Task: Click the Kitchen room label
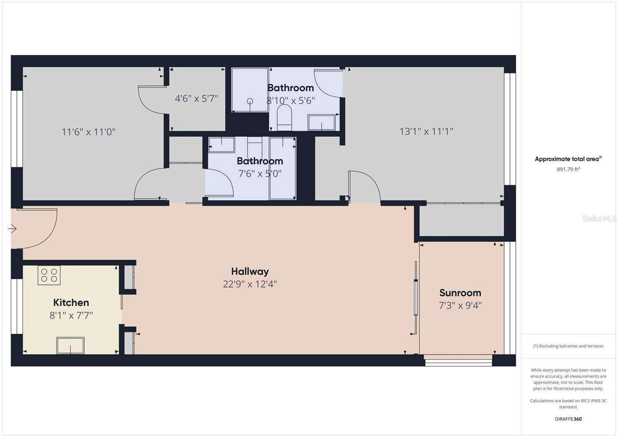(71, 303)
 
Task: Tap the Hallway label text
(250, 272)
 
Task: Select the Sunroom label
(460, 293)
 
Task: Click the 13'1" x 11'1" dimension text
(426, 132)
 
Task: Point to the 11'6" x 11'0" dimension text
(88, 132)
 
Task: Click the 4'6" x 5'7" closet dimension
(196, 99)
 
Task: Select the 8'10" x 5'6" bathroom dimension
(290, 101)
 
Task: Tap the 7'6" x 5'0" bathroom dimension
(260, 174)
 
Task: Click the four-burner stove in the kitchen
(49, 275)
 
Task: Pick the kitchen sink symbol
(70, 345)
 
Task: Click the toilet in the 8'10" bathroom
(284, 117)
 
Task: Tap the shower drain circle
(250, 101)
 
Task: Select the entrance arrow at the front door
(12, 229)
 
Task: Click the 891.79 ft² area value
(568, 169)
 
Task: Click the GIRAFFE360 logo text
(568, 419)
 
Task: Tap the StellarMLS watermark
(599, 219)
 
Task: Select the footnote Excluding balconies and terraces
(568, 346)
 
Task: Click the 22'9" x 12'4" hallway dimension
(250, 284)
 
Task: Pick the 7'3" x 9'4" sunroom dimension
(460, 306)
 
